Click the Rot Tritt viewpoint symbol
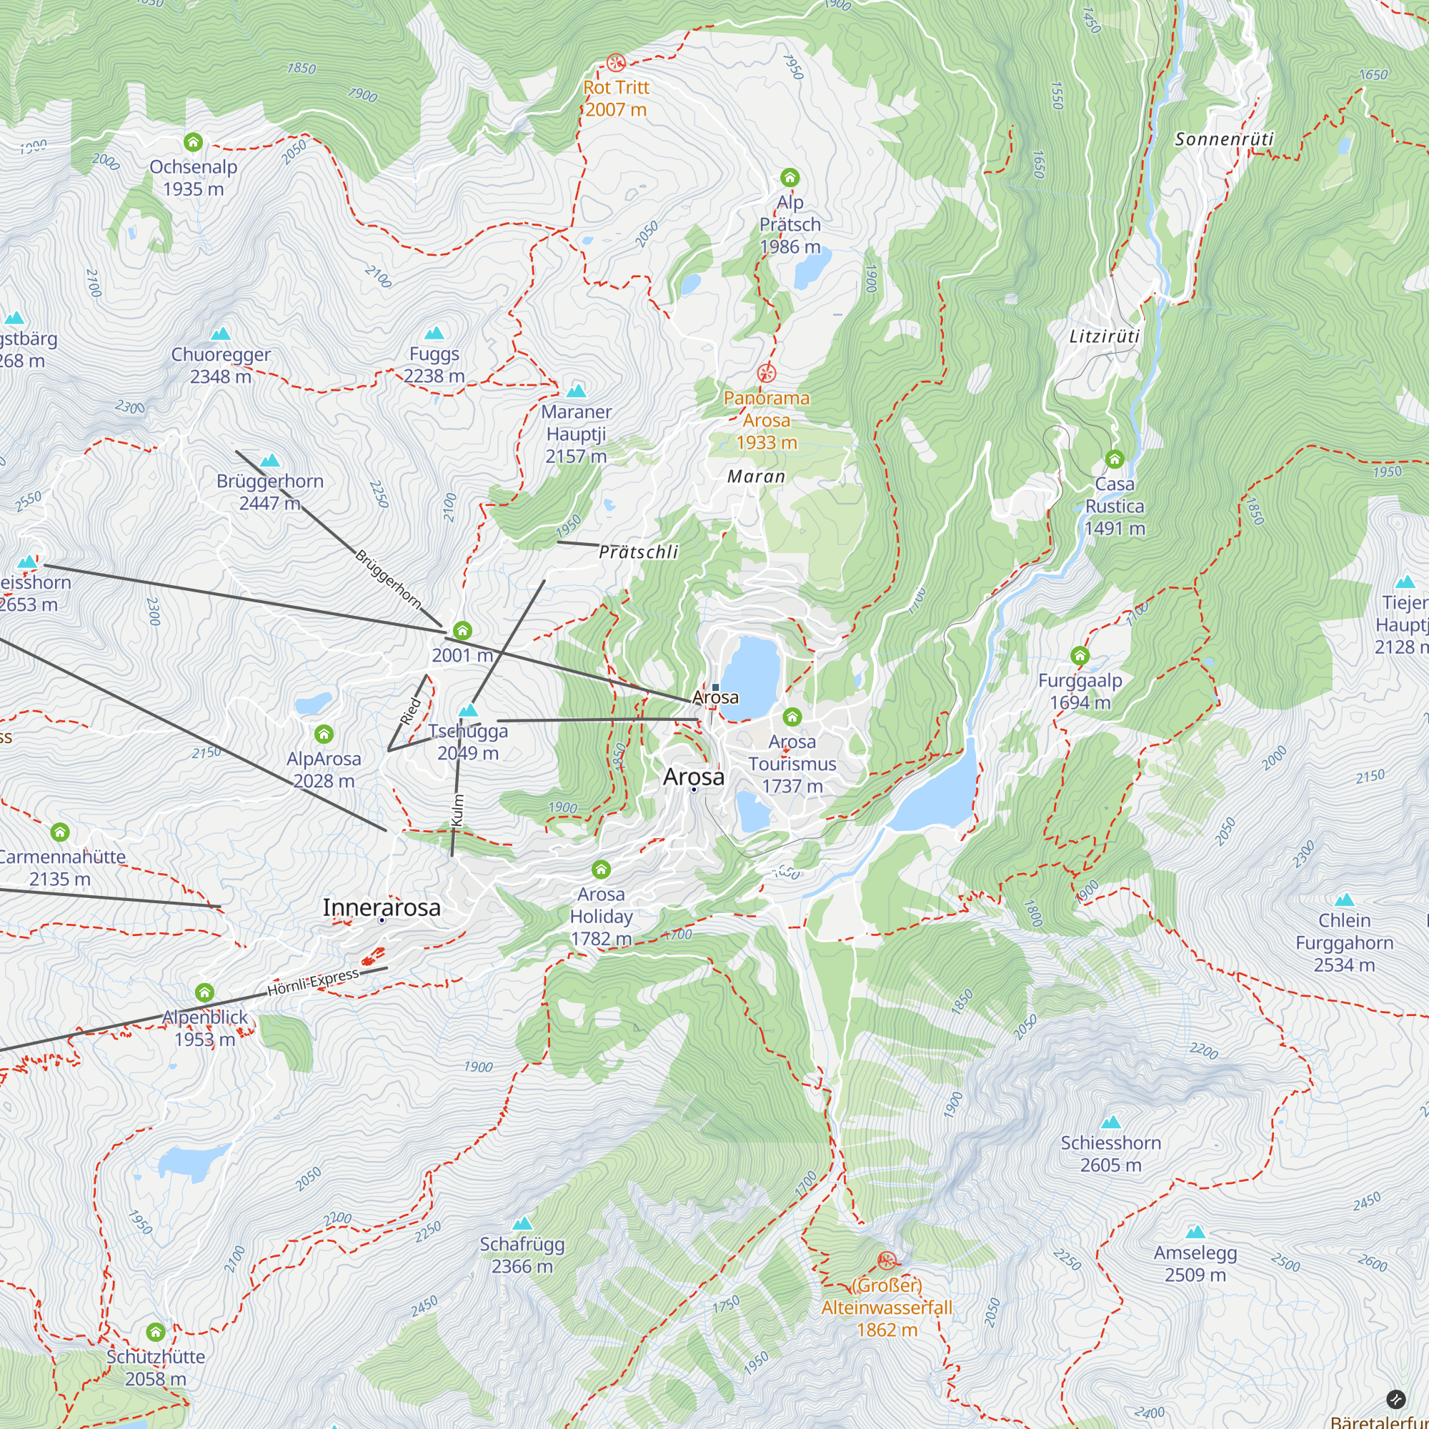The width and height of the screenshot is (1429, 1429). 615,62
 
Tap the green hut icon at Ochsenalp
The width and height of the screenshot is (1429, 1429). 193,142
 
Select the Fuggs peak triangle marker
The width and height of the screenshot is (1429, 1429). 435,333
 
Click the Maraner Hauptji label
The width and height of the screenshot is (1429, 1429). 576,434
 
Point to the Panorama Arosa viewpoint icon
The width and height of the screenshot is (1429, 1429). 767,373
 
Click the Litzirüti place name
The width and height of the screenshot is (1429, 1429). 1105,337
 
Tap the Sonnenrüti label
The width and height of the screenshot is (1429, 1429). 1224,139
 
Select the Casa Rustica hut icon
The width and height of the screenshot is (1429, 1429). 1115,459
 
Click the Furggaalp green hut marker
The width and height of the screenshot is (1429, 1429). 1080,655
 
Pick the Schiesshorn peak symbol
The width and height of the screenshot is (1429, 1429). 1111,1122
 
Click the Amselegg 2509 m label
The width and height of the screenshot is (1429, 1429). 1195,1263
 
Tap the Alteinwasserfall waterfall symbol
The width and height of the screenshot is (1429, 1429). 886,1261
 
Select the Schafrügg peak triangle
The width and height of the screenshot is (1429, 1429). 522,1223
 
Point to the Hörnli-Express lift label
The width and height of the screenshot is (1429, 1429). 313,982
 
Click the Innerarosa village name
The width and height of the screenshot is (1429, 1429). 382,907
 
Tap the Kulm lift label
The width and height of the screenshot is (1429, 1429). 457,810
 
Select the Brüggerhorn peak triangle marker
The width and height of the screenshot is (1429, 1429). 270,461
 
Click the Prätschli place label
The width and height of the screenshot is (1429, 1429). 639,552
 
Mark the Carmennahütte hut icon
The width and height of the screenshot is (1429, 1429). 60,833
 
